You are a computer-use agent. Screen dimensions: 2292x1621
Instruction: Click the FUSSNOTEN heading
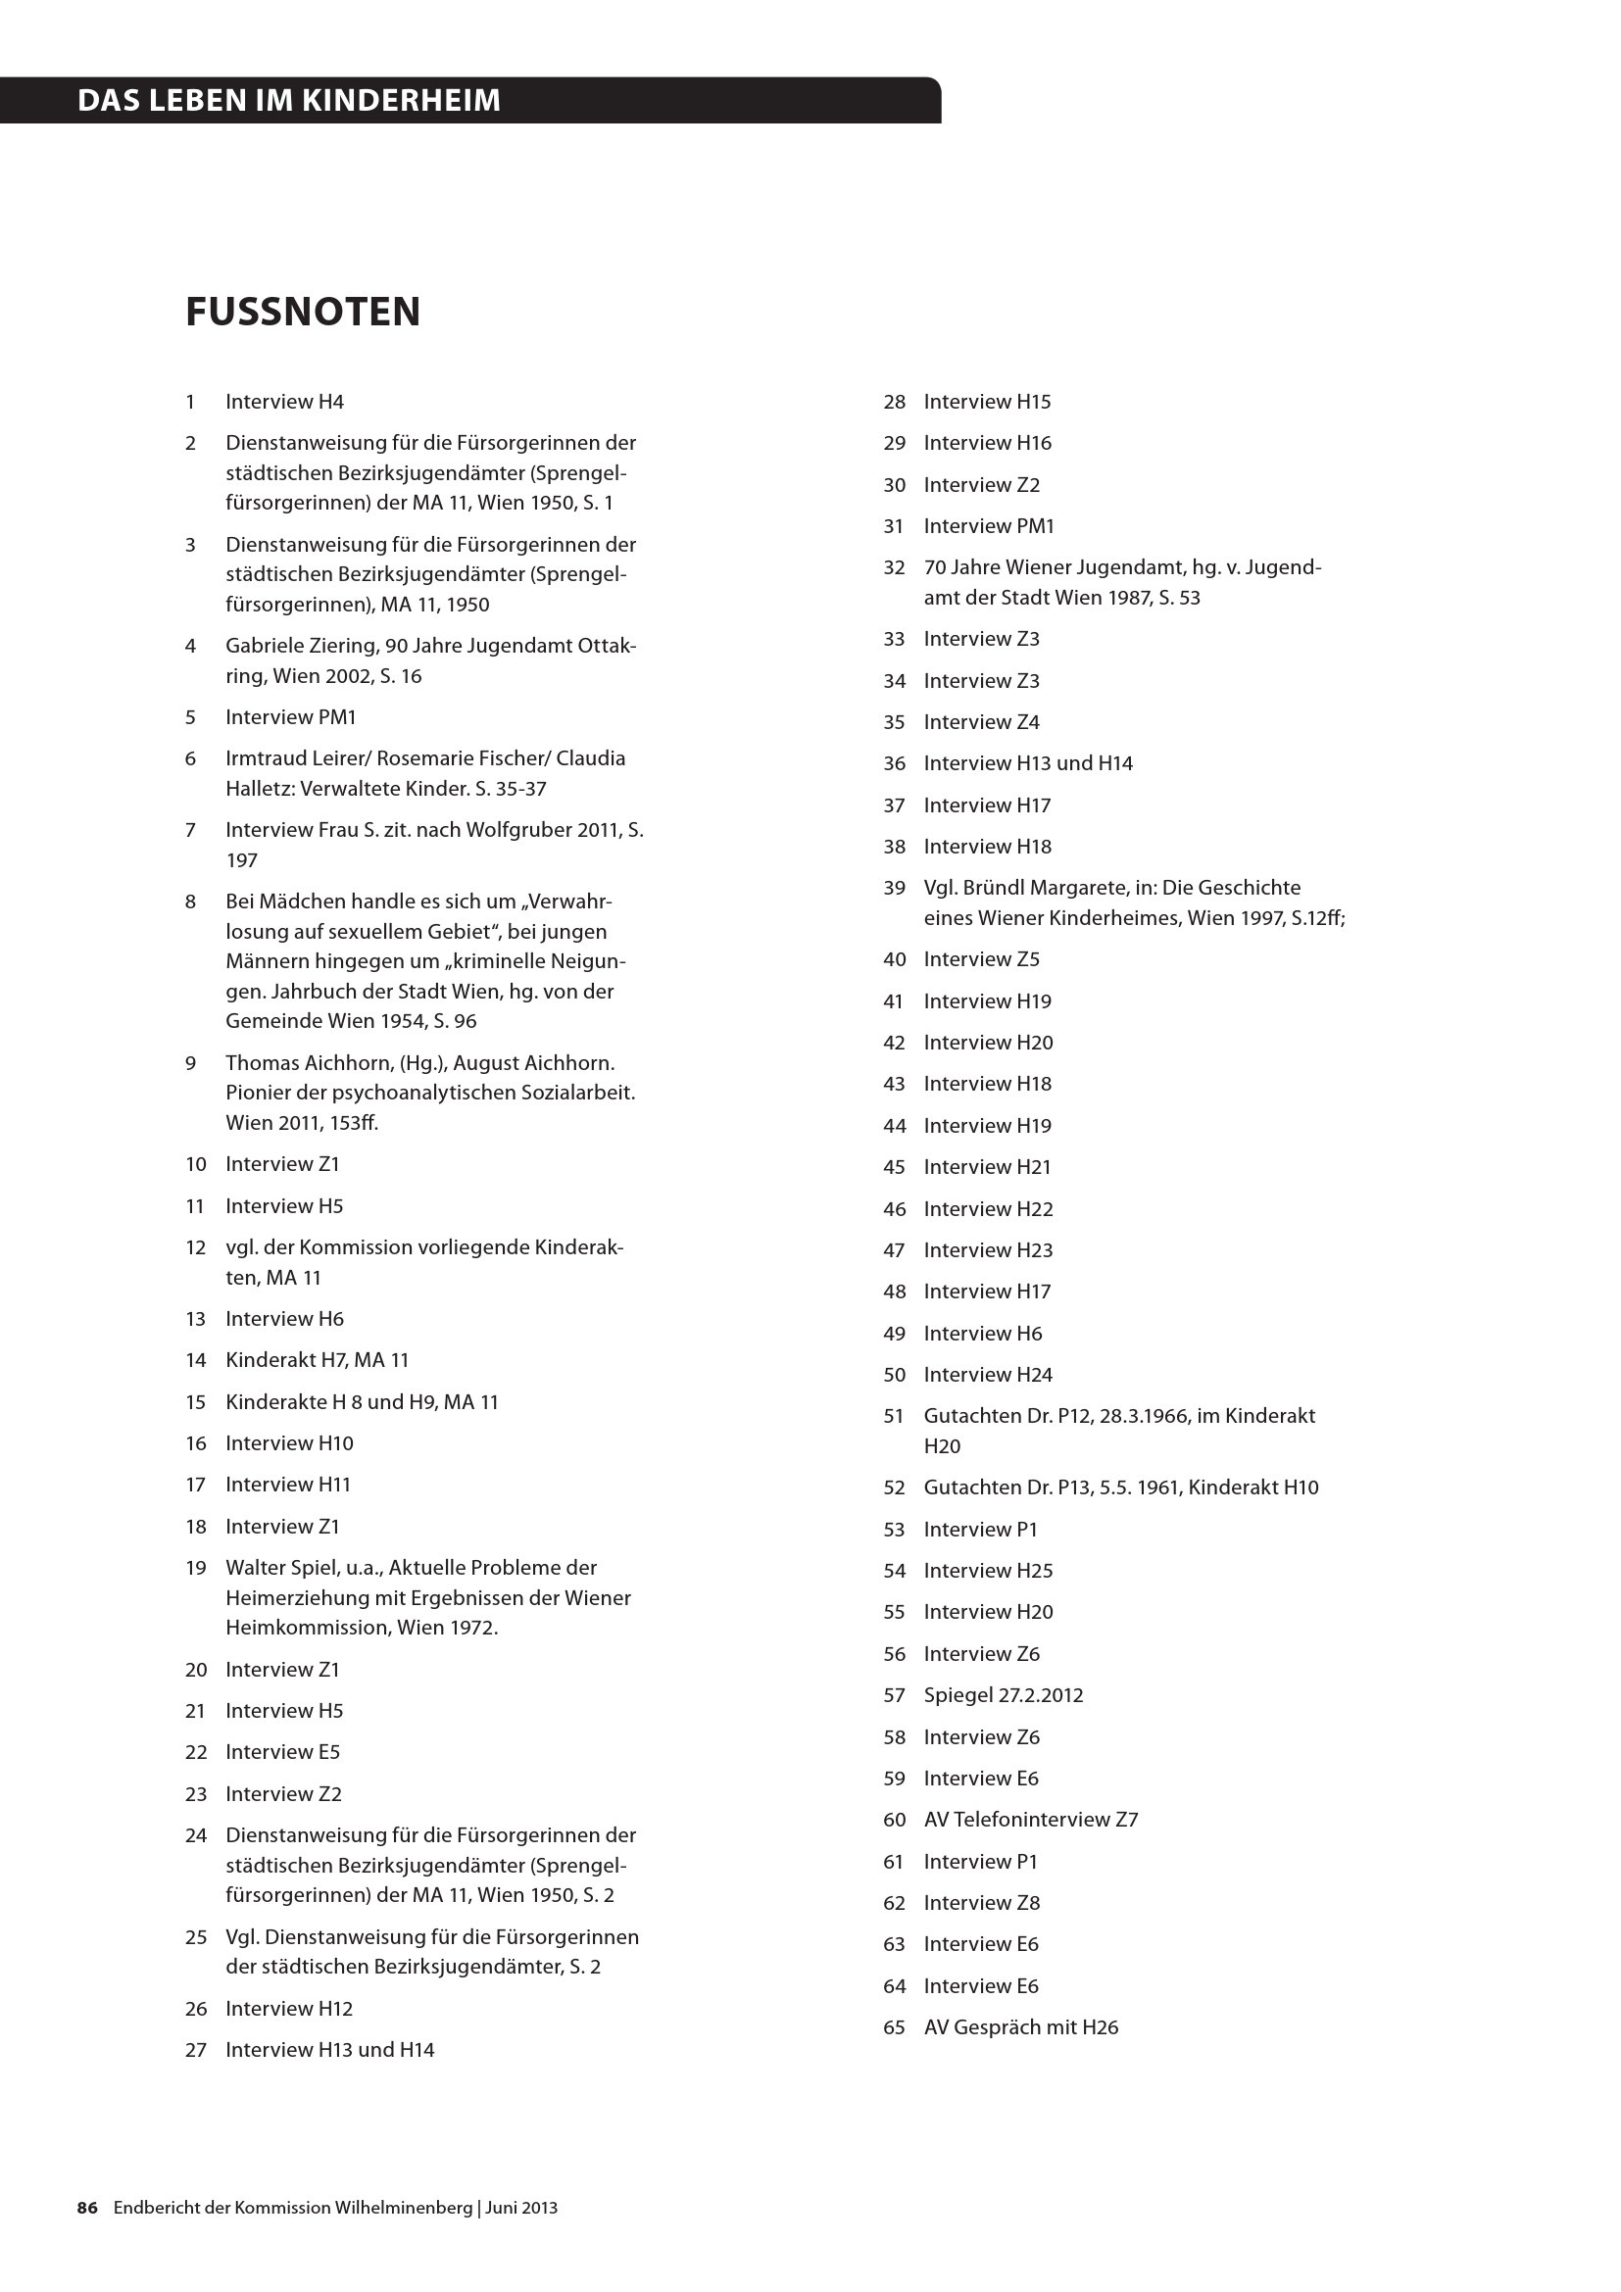pyautogui.click(x=303, y=312)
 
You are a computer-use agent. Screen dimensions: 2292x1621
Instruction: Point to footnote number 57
pyautogui.click(x=894, y=1695)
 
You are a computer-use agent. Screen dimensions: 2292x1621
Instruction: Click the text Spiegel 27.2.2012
pyautogui.click(x=1004, y=1695)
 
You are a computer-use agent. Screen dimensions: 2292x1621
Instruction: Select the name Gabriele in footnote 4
pyautogui.click(x=263, y=646)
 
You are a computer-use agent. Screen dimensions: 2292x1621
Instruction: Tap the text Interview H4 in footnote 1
pyautogui.click(x=284, y=402)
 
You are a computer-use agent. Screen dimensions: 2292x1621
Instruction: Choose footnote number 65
pyautogui.click(x=894, y=2026)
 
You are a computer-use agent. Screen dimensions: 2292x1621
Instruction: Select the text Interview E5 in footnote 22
pyautogui.click(x=282, y=1752)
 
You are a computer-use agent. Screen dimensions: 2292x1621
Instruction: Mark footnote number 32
pyautogui.click(x=894, y=567)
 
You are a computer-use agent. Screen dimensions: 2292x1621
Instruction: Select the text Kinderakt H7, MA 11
pyautogui.click(x=318, y=1360)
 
